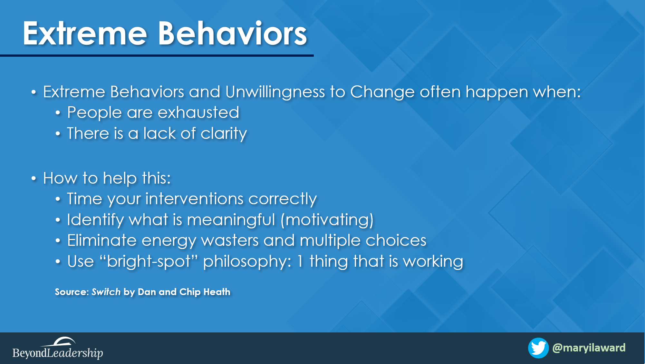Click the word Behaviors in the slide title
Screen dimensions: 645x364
(x=232, y=33)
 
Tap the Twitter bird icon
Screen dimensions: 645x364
(x=538, y=348)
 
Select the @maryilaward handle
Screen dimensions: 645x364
(x=589, y=348)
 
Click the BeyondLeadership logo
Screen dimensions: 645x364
(x=58, y=348)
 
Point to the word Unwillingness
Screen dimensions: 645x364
(x=275, y=92)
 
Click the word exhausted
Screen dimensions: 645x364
(x=198, y=113)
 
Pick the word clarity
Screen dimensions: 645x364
(x=224, y=134)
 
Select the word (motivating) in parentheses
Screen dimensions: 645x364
(x=327, y=220)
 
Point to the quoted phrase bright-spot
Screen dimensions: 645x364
(x=149, y=262)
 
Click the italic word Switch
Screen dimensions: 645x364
(x=106, y=292)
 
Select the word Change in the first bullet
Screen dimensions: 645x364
(x=382, y=92)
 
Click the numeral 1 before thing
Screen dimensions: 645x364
(x=300, y=261)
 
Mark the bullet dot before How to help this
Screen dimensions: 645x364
(x=34, y=178)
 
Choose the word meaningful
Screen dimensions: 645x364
(x=231, y=220)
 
